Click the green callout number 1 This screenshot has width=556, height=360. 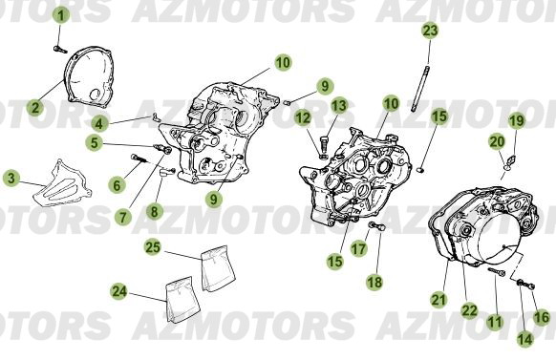(x=60, y=15)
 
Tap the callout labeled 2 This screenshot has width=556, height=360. (x=34, y=107)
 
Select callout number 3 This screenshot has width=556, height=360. (x=11, y=178)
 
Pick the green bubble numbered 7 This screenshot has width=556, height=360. (x=123, y=216)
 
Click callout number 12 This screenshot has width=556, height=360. (x=303, y=117)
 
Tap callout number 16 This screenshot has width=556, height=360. (x=542, y=315)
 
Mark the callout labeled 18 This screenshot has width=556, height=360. (x=374, y=283)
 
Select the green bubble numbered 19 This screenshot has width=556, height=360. (x=516, y=120)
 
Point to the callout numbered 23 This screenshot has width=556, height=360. (x=430, y=31)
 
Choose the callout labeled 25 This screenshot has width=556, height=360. (x=152, y=246)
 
